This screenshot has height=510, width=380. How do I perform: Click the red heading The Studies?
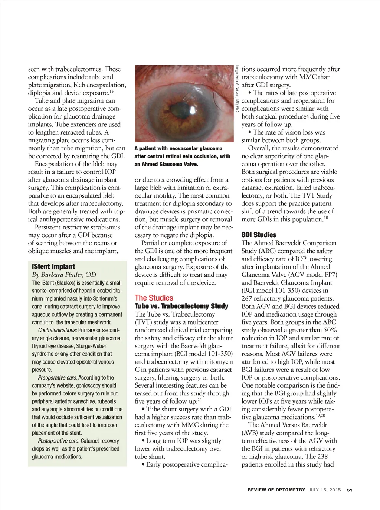(154, 298)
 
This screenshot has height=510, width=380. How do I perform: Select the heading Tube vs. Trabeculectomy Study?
(181, 306)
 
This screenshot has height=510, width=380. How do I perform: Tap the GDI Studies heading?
(259, 235)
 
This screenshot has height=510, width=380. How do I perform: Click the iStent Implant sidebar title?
(53, 266)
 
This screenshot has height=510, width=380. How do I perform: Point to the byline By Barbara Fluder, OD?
(64, 275)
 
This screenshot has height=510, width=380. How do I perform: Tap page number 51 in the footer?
(349, 490)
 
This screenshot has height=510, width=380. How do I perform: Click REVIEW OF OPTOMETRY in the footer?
(276, 490)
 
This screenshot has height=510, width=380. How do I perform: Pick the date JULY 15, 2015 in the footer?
(324, 490)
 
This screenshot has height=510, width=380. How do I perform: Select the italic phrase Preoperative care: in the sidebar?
(58, 378)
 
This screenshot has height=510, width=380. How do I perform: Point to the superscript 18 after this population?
(326, 217)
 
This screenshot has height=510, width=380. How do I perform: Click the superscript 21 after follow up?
(200, 399)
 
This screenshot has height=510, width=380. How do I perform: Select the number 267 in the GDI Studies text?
(248, 298)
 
